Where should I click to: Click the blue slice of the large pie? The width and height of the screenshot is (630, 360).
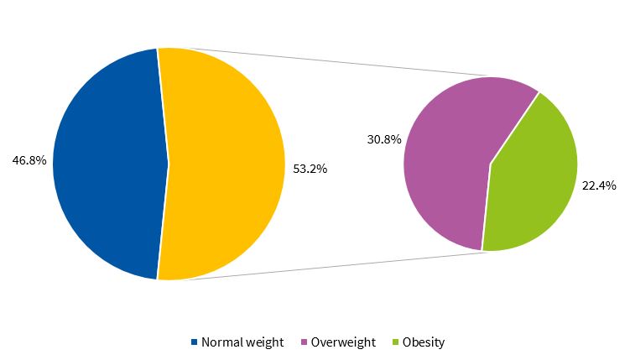[105, 164]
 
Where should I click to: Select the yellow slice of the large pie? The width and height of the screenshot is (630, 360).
[226, 164]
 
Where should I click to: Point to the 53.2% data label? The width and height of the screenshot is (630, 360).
[310, 168]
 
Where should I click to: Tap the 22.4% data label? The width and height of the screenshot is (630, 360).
[598, 185]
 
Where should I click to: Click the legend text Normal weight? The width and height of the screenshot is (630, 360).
[242, 342]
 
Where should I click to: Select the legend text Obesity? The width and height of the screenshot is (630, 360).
[424, 342]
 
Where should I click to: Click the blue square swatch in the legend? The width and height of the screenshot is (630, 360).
[195, 342]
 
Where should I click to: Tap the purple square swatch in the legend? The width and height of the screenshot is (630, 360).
[305, 342]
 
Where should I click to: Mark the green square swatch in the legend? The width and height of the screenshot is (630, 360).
[396, 342]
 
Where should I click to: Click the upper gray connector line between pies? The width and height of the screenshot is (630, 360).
[336, 62]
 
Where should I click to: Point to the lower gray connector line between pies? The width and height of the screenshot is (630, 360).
[336, 266]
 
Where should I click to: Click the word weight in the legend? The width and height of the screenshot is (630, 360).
[265, 342]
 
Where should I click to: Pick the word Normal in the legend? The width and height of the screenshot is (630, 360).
[221, 342]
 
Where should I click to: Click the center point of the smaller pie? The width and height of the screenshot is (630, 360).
[490, 164]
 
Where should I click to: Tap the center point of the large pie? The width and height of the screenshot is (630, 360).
[169, 164]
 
